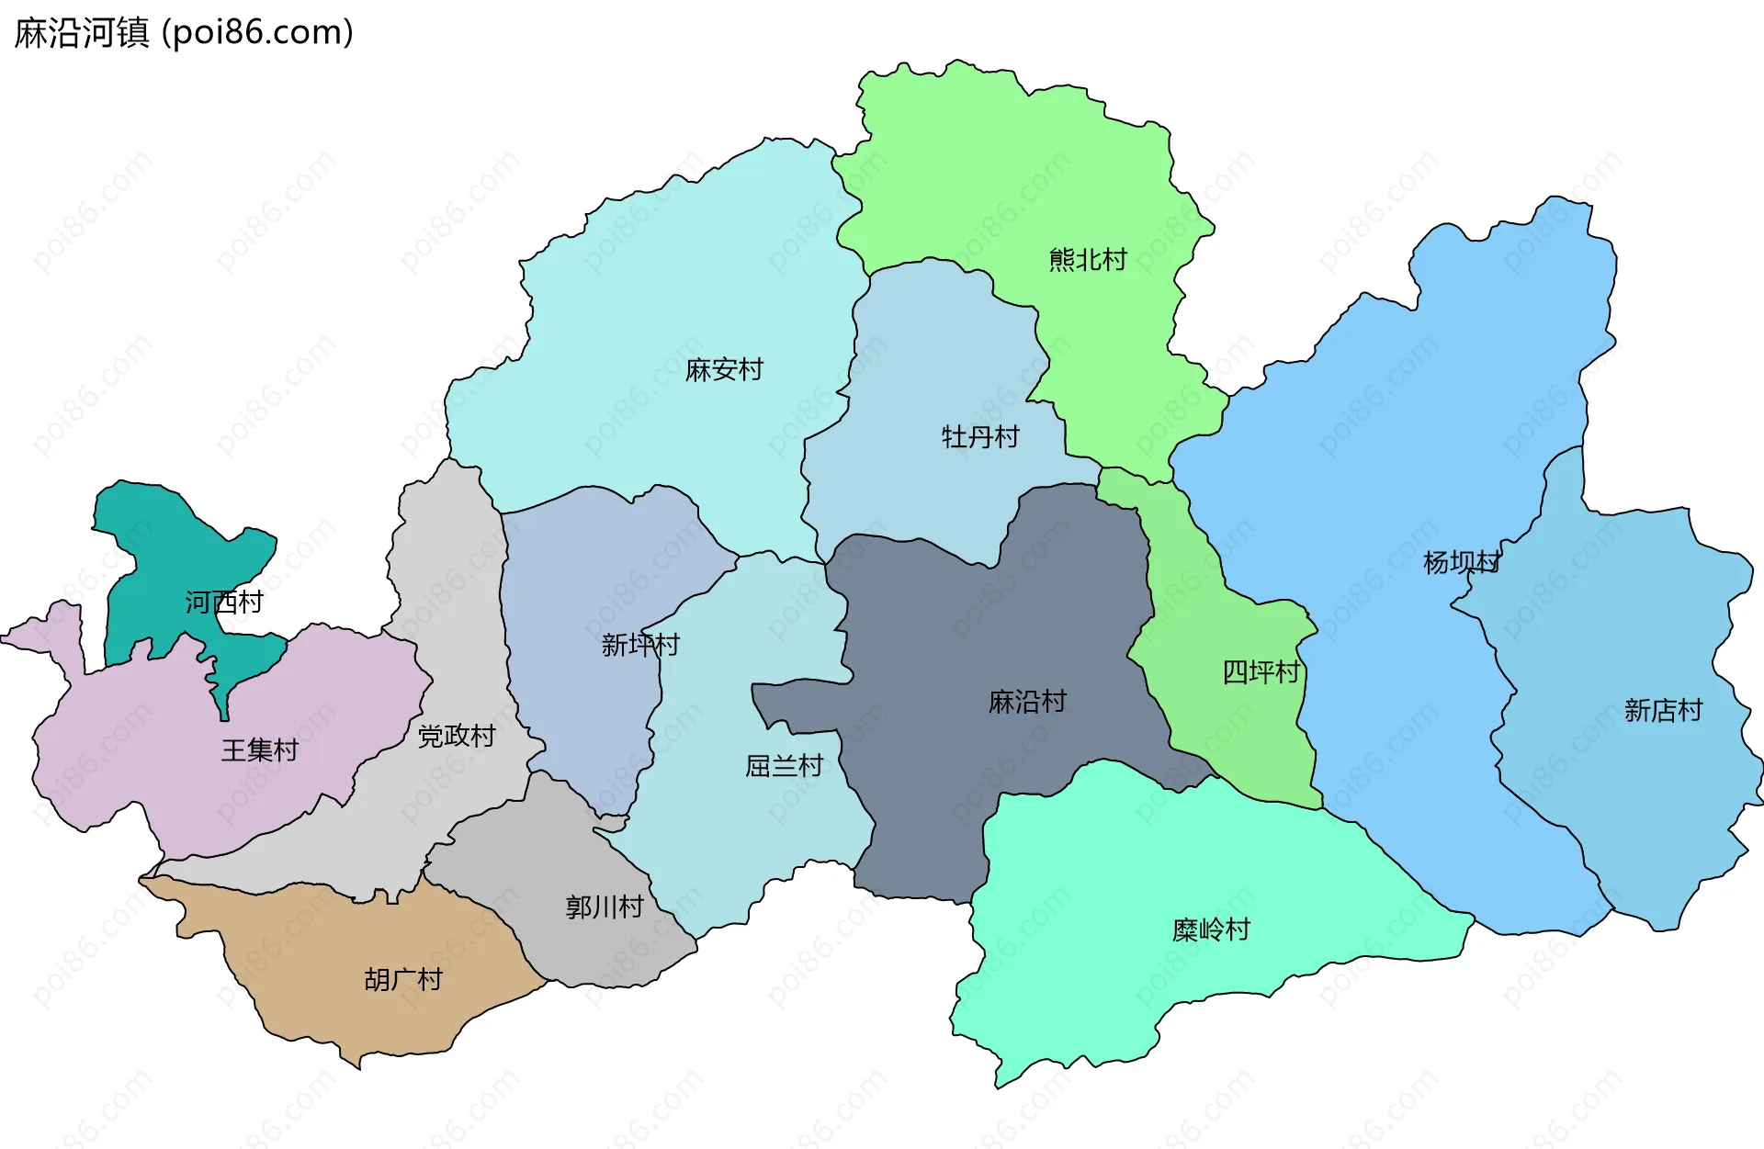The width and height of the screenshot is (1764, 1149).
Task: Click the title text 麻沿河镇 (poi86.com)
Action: tap(184, 33)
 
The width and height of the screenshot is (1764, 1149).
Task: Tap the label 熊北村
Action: tap(1088, 260)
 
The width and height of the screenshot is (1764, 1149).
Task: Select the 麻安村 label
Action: tap(724, 370)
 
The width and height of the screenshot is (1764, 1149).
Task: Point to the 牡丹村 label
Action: tap(980, 437)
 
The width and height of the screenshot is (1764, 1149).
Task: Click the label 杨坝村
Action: tap(1462, 562)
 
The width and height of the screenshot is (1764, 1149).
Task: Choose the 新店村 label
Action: tap(1663, 710)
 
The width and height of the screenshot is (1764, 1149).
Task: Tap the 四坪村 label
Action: tap(1261, 672)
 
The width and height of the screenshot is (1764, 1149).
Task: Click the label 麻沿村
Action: tap(1027, 703)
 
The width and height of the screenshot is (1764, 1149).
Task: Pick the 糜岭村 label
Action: tap(1211, 929)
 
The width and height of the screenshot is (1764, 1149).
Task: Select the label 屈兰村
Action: tap(784, 766)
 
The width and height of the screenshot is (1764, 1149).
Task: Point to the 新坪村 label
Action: tap(640, 645)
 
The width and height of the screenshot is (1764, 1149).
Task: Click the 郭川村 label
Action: tap(605, 907)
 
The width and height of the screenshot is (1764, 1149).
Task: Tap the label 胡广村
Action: tap(403, 980)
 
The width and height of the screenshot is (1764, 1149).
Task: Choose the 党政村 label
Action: tap(457, 736)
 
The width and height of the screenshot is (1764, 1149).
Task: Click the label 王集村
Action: tap(260, 750)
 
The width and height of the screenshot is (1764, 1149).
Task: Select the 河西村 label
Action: tap(224, 603)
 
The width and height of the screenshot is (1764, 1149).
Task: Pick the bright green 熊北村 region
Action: tap(1011, 165)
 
